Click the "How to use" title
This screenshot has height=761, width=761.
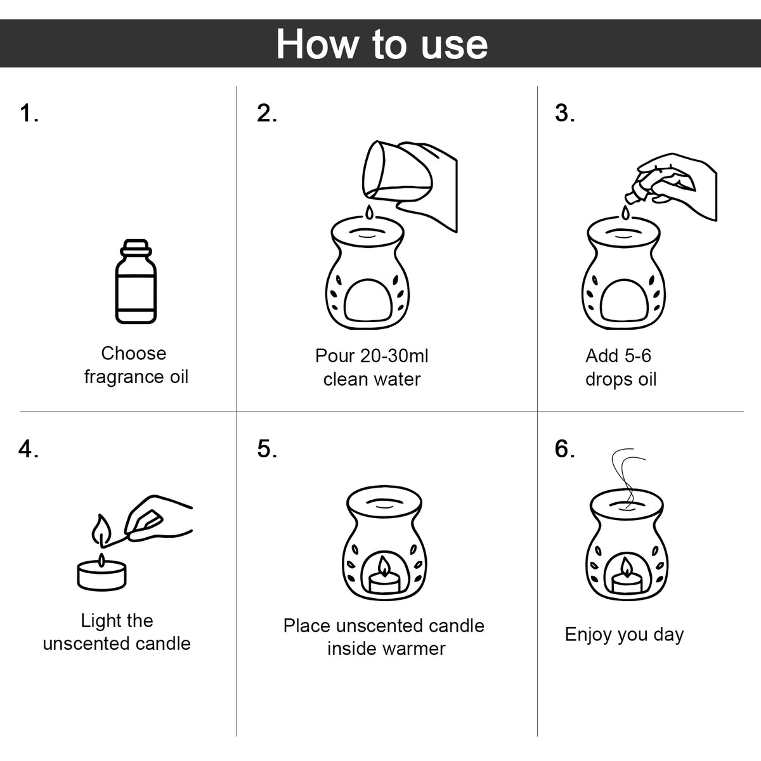pyautogui.click(x=382, y=44)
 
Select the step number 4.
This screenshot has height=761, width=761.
pyautogui.click(x=29, y=449)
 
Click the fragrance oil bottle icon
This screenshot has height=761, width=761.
pyautogui.click(x=136, y=281)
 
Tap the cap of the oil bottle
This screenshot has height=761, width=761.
pyautogui.click(x=136, y=247)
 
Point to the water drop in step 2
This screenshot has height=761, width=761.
pyautogui.click(x=369, y=212)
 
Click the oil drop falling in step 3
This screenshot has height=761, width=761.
pyautogui.click(x=625, y=212)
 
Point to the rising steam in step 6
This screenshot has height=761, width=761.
pyautogui.click(x=628, y=479)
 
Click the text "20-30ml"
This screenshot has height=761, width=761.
pyautogui.click(x=394, y=356)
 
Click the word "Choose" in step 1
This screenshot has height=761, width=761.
pyautogui.click(x=133, y=353)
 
